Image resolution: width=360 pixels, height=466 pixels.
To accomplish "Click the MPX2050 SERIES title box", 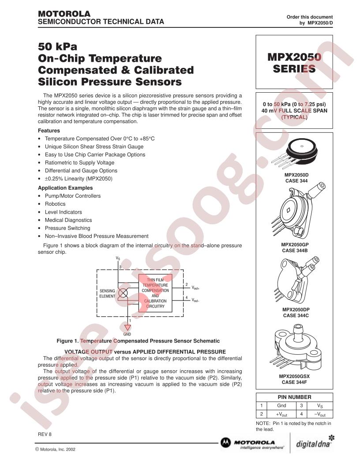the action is (x=294, y=62).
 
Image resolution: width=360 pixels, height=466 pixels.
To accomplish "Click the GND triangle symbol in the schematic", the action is (x=127, y=327).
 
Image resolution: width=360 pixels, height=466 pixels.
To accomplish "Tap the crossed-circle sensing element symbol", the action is (x=123, y=293).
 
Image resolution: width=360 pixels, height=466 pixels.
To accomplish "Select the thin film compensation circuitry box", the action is (x=155, y=293).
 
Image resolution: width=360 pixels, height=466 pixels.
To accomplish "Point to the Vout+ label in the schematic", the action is (x=195, y=288).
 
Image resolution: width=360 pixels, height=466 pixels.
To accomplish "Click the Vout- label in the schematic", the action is (x=195, y=301).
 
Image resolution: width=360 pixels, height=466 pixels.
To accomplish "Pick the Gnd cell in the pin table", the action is (x=281, y=406).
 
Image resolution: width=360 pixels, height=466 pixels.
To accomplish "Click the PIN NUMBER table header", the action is (x=294, y=397).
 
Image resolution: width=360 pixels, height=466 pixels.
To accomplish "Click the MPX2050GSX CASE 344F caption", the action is (x=294, y=379).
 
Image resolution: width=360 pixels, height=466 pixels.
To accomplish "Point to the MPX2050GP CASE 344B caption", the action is (x=295, y=248).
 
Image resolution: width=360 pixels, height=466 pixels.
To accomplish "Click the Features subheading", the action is (x=49, y=131).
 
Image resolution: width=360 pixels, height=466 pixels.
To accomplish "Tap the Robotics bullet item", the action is (x=55, y=204).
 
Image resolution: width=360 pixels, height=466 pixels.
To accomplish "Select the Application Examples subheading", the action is (x=65, y=188).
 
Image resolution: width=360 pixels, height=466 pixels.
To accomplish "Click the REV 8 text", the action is (x=45, y=434).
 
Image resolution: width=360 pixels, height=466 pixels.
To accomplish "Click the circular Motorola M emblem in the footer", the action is (x=225, y=443).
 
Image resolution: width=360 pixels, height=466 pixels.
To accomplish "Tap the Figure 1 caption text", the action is (x=138, y=341).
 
